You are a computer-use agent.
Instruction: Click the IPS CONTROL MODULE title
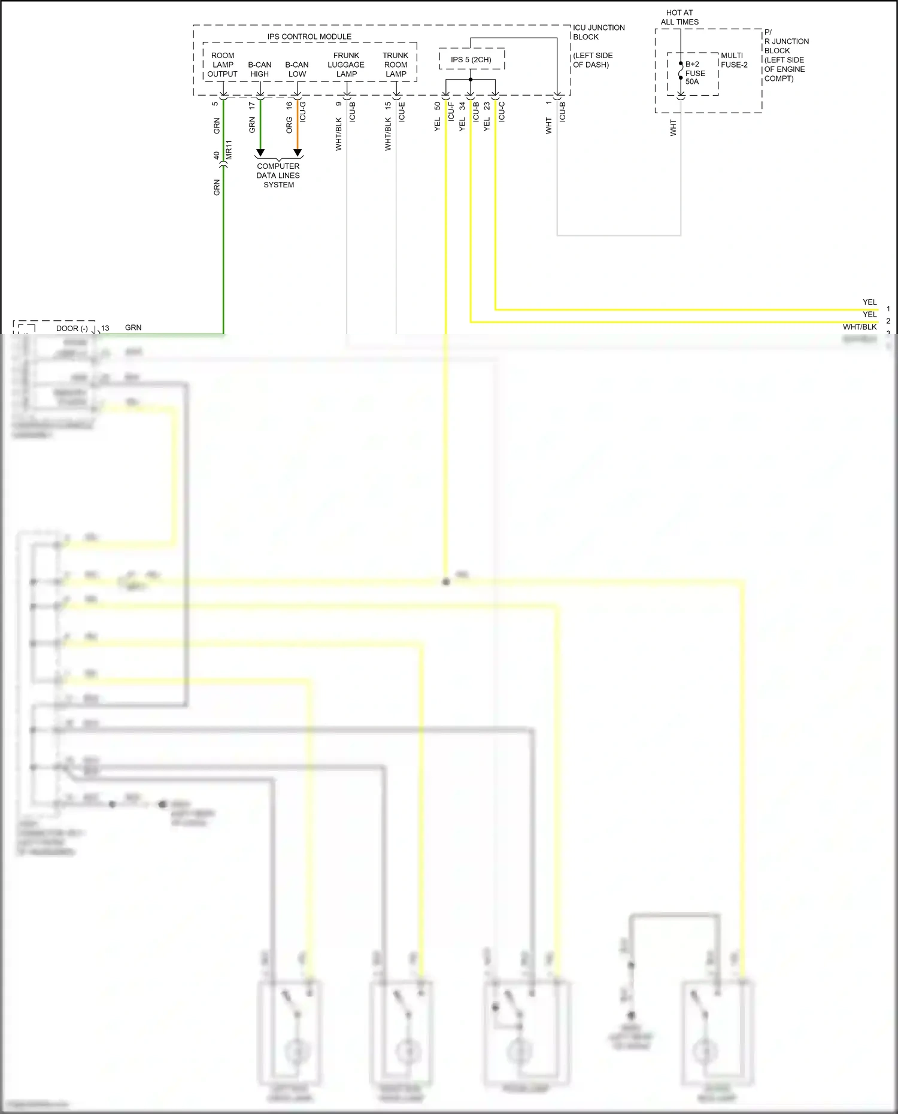tap(309, 37)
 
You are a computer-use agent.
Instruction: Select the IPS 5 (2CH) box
tap(471, 59)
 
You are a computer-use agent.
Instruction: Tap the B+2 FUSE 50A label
tap(694, 73)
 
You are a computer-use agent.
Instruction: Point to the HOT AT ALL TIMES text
tap(679, 17)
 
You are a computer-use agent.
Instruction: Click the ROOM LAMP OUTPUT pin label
tap(223, 65)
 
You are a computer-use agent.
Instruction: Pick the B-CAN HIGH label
tap(259, 69)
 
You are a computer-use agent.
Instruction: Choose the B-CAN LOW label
tap(297, 69)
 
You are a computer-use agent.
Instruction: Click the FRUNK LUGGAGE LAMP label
tap(346, 65)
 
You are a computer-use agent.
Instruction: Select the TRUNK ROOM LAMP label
tap(395, 65)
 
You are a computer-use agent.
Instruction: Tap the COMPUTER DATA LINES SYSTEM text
tap(278, 175)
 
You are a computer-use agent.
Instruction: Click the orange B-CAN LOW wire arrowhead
tap(298, 153)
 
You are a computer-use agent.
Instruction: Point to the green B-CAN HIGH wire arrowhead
tap(260, 153)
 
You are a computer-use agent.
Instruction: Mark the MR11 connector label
tap(229, 150)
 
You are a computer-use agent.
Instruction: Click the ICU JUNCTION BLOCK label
tap(598, 32)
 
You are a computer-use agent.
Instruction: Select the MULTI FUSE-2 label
tap(734, 60)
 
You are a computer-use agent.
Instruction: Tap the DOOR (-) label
tap(72, 328)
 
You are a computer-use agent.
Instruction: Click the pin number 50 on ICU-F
tap(438, 106)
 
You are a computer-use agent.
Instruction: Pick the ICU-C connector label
tap(502, 112)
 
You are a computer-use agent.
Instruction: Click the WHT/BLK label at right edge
tap(859, 327)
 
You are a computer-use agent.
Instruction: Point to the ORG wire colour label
tap(289, 125)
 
